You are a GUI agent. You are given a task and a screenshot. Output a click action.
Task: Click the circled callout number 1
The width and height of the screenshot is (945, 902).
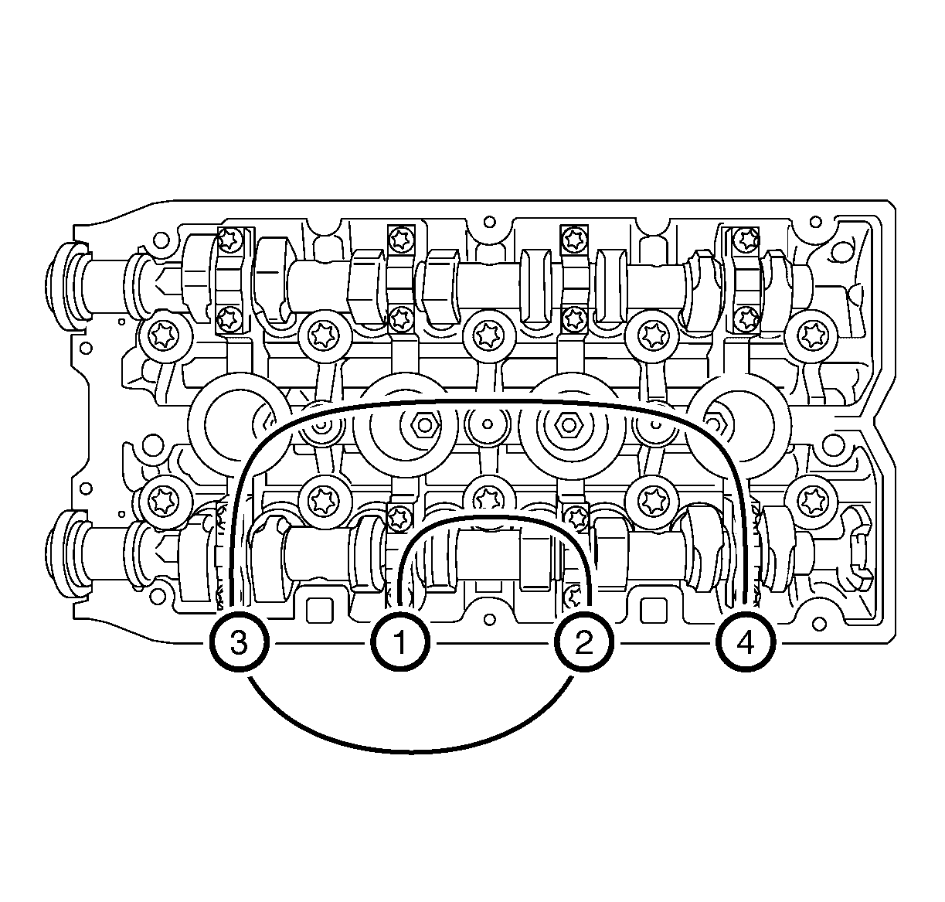pyautogui.click(x=400, y=642)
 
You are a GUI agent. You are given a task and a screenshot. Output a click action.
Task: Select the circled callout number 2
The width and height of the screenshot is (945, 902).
pyautogui.click(x=583, y=642)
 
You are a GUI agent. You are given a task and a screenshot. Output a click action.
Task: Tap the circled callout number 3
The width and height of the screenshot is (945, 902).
pyautogui.click(x=239, y=642)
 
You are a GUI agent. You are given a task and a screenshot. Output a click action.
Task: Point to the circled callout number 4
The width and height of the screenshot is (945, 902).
pyautogui.click(x=746, y=642)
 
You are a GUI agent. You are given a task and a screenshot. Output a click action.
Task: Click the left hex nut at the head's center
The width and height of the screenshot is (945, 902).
pyautogui.click(x=424, y=425)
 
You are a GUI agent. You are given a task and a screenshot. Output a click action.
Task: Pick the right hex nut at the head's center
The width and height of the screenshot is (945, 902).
pyautogui.click(x=568, y=425)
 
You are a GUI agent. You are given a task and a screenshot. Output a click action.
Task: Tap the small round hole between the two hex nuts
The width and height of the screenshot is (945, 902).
pyautogui.click(x=488, y=424)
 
